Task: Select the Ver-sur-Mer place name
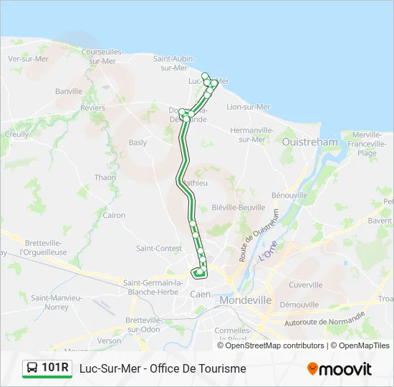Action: click(28, 59)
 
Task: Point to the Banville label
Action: click(69, 91)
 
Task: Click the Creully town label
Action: click(16, 134)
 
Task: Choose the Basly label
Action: click(138, 143)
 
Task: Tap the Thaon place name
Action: click(105, 177)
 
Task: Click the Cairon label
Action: click(114, 215)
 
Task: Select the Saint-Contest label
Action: click(158, 248)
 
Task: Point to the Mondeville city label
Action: click(246, 300)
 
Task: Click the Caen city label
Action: click(199, 294)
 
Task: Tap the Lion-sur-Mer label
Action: click(248, 107)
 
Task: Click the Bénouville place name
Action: click(289, 195)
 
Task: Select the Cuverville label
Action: click(306, 285)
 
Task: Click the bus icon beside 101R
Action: click(32, 368)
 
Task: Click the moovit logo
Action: click(340, 368)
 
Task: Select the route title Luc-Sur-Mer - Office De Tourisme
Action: click(163, 368)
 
